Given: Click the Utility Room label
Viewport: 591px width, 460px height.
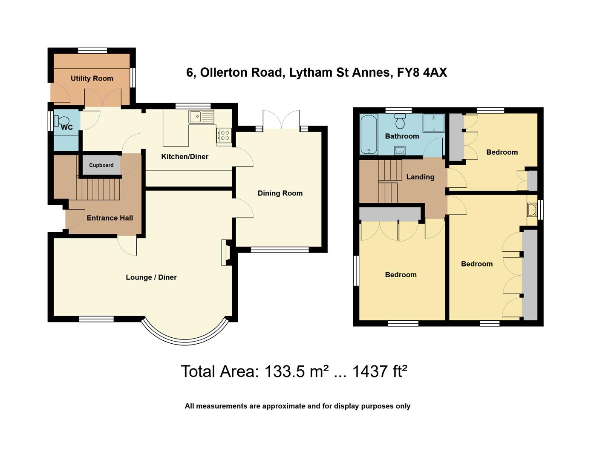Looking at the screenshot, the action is coord(92,78).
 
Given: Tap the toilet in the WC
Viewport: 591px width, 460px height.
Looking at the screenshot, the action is coord(61,121).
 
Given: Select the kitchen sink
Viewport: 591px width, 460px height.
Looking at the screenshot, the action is coord(201,117).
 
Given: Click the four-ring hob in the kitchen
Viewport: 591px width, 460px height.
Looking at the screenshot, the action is coord(225,136).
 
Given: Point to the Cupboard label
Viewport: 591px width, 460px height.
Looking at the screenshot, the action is coord(101,165).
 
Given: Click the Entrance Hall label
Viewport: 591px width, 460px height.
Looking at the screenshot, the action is coord(110,218).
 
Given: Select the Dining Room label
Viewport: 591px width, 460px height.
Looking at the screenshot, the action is coord(280,193).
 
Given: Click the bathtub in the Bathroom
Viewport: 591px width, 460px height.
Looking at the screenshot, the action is coord(369,134).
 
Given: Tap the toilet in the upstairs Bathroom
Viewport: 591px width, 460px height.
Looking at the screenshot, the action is coord(400,121).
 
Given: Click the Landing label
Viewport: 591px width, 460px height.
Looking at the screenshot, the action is coord(420,177).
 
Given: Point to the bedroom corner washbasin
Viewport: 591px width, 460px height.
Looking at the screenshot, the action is coord(532,210).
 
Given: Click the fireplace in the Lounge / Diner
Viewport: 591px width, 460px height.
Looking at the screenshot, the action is coord(226,252).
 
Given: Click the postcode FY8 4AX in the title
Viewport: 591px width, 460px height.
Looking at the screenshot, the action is coord(422,72).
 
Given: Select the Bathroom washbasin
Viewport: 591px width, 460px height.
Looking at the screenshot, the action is coord(400,150).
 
